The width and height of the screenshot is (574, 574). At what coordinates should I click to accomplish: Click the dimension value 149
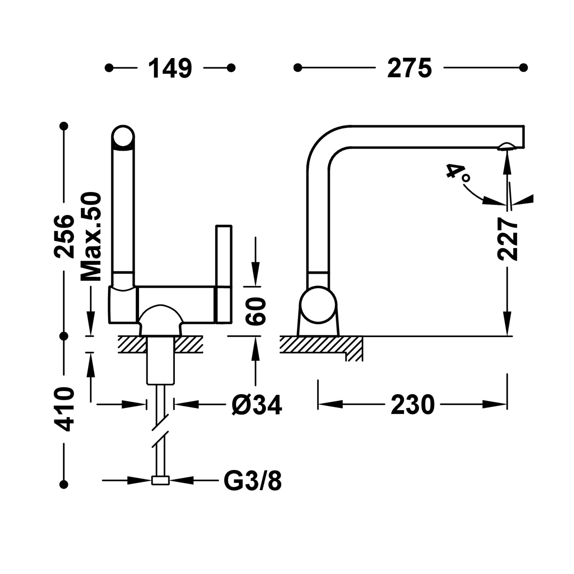170,68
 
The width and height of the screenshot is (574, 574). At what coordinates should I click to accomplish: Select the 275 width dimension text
409,68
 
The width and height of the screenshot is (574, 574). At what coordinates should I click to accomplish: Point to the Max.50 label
91,236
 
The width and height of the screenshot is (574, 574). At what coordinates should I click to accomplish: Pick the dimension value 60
255,311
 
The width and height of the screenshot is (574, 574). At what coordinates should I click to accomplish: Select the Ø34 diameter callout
257,404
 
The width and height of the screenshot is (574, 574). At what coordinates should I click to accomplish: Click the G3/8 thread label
253,481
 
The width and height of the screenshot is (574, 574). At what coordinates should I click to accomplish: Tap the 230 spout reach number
413,404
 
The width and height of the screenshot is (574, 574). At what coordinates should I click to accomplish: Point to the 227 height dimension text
507,239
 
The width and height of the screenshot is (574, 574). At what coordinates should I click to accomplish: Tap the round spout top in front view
123,137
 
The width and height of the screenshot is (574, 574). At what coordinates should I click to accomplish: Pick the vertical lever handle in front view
224,274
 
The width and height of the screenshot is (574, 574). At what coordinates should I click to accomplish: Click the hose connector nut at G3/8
161,480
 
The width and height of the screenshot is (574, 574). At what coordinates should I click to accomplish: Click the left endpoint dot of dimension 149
109,68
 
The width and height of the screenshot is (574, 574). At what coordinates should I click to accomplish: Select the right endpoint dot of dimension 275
524,68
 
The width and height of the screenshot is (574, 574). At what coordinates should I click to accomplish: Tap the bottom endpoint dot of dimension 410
64,484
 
